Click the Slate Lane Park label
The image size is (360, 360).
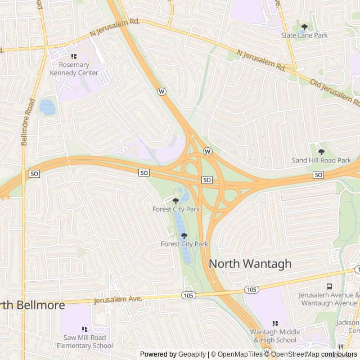point(304,35)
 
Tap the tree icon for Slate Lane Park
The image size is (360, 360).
point(304,26)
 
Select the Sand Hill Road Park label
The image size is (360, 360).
point(321,160)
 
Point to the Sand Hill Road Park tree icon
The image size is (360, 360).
point(321,151)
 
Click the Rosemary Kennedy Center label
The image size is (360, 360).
point(74,69)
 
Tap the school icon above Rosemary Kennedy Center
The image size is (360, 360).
point(74,56)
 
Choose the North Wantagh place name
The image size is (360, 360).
point(250,263)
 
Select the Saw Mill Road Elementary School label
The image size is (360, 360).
point(84,341)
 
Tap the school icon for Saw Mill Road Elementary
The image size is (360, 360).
point(84,329)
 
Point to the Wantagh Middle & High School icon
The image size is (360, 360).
point(275,323)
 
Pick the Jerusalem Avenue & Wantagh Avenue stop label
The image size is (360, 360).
point(328,299)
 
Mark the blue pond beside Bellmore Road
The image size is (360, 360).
point(47,107)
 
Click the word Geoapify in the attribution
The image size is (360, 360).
point(192,354)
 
